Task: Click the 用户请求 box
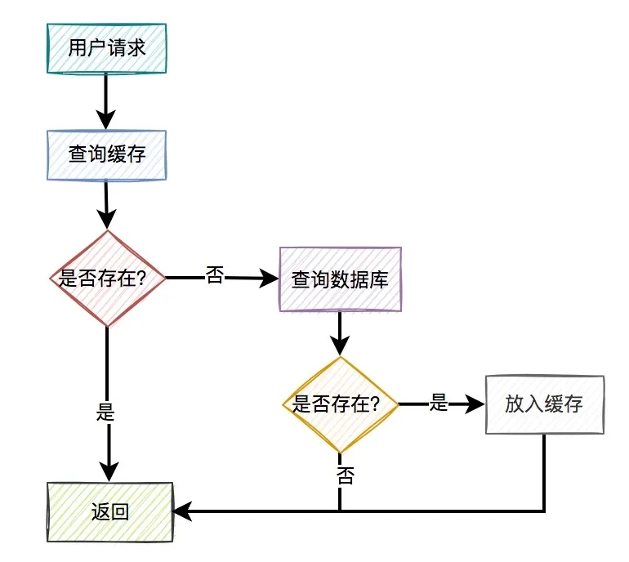pos(107,48)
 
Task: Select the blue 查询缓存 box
pos(107,154)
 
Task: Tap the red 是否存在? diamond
pos(108,279)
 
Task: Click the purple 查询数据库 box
pos(340,279)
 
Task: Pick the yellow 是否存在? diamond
pos(340,404)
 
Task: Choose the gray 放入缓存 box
pos(544,404)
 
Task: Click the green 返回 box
pos(110,512)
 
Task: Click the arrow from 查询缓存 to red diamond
pos(107,204)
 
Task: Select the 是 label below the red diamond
pos(105,412)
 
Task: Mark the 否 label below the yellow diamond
pos(345,476)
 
